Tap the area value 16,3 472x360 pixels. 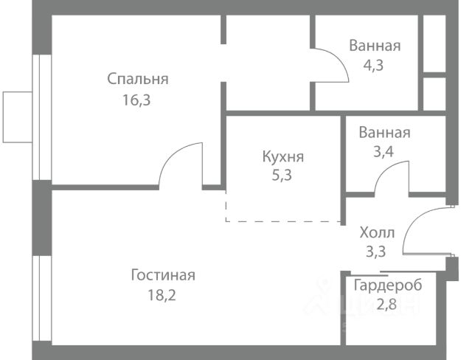point(138,100)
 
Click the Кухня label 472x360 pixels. point(282,156)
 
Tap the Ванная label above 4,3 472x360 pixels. point(375,46)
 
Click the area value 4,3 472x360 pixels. point(375,65)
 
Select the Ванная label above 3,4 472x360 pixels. point(384,133)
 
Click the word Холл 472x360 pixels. point(377,232)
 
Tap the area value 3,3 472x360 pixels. point(377,252)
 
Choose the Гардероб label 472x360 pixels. point(388,285)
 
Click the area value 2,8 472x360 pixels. point(388,304)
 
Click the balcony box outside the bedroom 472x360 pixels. point(17,117)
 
